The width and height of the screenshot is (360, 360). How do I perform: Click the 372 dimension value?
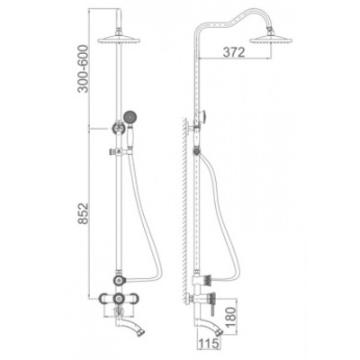point(234,52)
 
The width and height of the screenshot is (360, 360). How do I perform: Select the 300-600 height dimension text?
point(83,68)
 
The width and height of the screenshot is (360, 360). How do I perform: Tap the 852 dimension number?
point(83,213)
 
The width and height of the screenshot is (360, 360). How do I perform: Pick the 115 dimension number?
point(209,343)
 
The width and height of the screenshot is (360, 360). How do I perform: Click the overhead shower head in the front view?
point(119,40)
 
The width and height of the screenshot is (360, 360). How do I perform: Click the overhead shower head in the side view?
point(271,39)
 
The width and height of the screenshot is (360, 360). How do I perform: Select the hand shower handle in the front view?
point(130,137)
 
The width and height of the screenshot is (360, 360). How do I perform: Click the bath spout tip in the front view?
point(140,331)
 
